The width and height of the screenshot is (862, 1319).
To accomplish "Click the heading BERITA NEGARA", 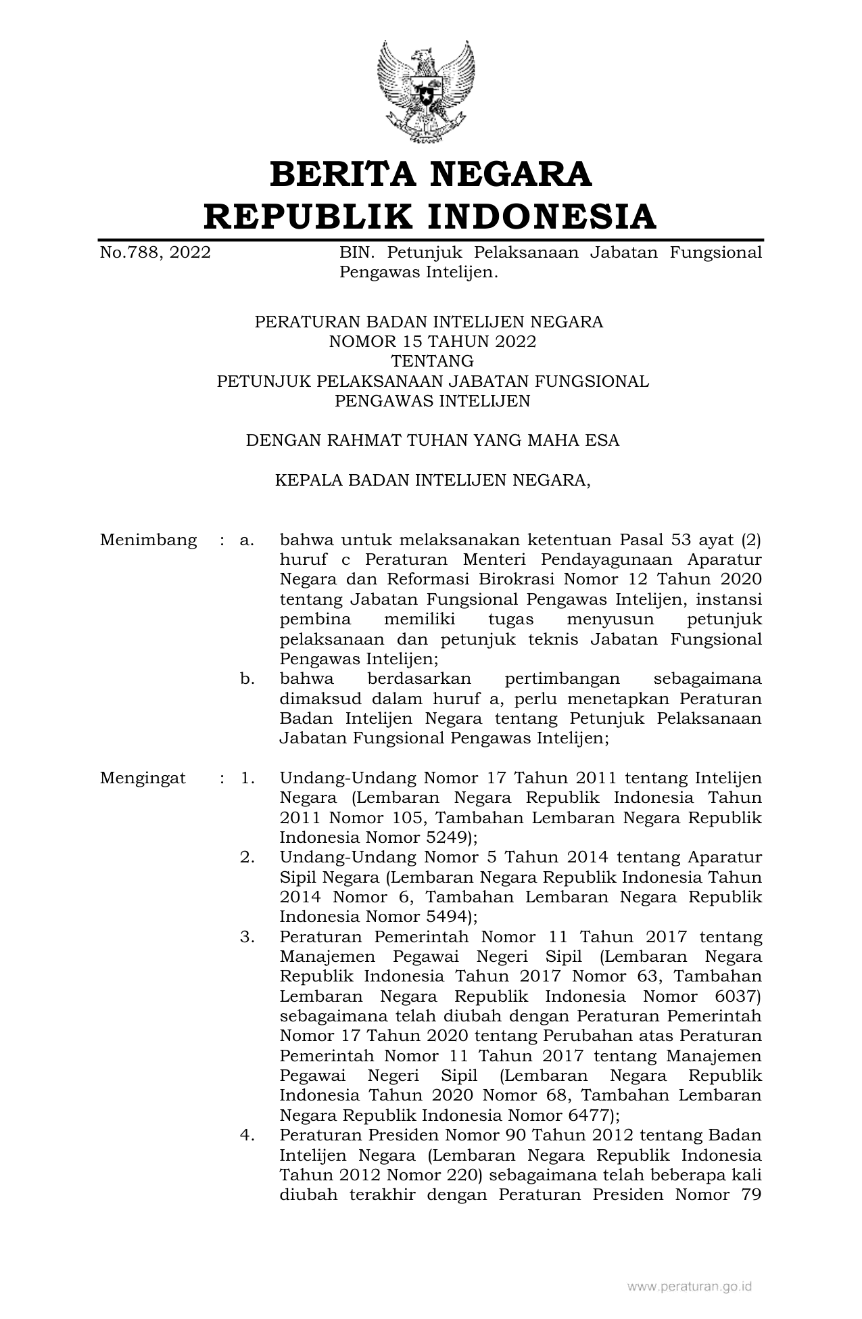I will [431, 174].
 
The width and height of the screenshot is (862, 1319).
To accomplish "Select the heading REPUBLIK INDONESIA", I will [431, 216].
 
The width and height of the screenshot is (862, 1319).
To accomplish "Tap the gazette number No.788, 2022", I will [155, 253].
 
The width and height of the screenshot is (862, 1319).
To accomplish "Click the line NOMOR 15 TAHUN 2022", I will [432, 342].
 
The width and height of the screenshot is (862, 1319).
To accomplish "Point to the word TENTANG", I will [432, 361].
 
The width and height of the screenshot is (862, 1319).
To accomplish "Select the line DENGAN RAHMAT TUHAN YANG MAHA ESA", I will [432, 441].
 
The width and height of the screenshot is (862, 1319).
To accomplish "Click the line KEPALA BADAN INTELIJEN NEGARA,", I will [432, 480].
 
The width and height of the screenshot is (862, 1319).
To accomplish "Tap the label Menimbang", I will [149, 540].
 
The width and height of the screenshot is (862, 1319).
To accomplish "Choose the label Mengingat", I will [143, 778].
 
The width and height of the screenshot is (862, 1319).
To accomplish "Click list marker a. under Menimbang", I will [247, 540].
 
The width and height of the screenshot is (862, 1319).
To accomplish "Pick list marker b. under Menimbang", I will [247, 678].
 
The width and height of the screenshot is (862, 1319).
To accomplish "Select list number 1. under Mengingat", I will [247, 778].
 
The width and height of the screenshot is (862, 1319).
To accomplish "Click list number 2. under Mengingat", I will [247, 858].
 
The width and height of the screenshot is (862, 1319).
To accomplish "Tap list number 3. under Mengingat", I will [247, 938].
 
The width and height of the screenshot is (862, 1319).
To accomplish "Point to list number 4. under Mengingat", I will [247, 1135].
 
